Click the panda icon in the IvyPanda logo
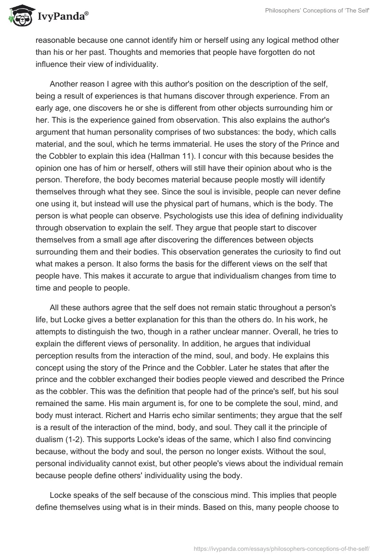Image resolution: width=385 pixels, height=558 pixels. click(x=18, y=15)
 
